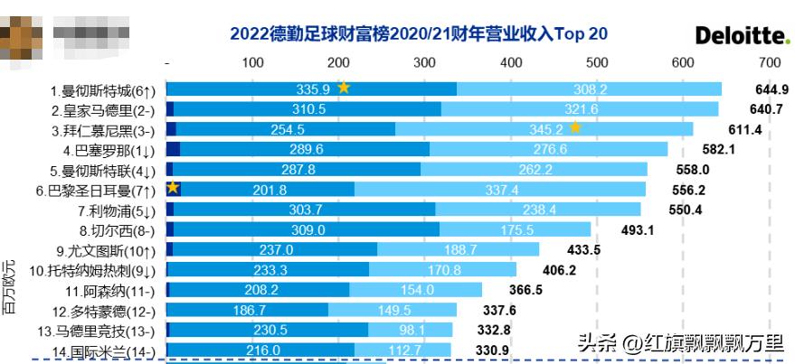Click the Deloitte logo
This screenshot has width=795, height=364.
[743, 35]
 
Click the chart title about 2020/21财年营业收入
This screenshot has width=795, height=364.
[419, 34]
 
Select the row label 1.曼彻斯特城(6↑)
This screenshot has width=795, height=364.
[103, 89]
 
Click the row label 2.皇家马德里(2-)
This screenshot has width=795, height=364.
[103, 109]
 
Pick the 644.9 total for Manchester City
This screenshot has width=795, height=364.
[771, 89]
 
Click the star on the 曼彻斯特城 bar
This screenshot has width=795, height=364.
[344, 88]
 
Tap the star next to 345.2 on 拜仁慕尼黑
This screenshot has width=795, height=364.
[574, 127]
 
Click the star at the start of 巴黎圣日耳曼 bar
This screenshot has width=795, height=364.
[173, 188]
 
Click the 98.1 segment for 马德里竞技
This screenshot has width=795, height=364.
[407, 330]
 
